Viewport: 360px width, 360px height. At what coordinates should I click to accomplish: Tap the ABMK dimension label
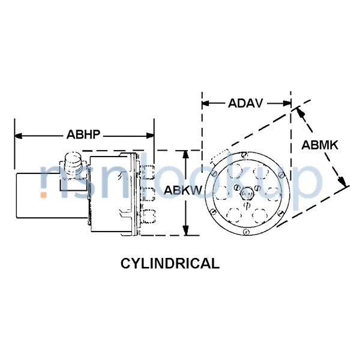[320, 145]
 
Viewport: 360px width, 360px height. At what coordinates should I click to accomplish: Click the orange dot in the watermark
[44, 194]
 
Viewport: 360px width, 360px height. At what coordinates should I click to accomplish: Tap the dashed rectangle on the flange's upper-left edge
[220, 155]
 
